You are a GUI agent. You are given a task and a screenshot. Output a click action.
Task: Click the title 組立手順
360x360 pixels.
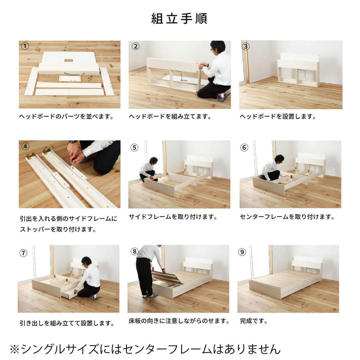(179, 18)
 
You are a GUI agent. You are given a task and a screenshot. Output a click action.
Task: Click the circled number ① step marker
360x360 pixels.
(25, 46)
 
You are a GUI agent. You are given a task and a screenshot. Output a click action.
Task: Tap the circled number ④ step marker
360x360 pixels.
(25, 146)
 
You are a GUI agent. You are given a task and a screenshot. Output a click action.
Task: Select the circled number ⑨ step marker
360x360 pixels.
(242, 252)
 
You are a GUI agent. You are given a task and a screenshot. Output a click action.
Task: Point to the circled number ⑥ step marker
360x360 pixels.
(244, 147)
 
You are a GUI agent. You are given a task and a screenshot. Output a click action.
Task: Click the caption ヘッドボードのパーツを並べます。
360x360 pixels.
(66, 116)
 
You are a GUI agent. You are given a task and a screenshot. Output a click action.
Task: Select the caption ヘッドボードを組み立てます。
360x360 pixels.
(170, 116)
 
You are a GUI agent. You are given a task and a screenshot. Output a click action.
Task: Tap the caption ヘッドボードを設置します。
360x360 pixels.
(278, 116)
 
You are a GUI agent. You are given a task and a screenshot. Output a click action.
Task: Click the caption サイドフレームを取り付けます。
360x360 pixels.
(173, 216)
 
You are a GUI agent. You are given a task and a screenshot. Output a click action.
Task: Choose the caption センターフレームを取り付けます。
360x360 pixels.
(287, 216)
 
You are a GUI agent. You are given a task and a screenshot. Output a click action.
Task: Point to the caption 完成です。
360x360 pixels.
(253, 321)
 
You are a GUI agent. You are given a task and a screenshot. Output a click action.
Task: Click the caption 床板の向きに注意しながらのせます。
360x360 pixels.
(179, 321)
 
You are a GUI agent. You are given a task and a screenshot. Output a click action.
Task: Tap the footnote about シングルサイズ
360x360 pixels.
(145, 349)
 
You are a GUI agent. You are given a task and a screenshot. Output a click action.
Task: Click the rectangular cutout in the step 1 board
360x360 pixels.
(68, 60)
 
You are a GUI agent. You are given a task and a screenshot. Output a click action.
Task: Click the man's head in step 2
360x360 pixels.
(217, 47)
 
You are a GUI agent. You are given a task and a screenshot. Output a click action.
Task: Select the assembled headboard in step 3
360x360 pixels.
(298, 70)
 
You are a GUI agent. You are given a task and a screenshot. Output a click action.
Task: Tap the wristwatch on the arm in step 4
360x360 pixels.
(73, 141)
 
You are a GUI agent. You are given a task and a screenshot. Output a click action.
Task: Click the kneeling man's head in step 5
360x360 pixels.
(153, 160)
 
